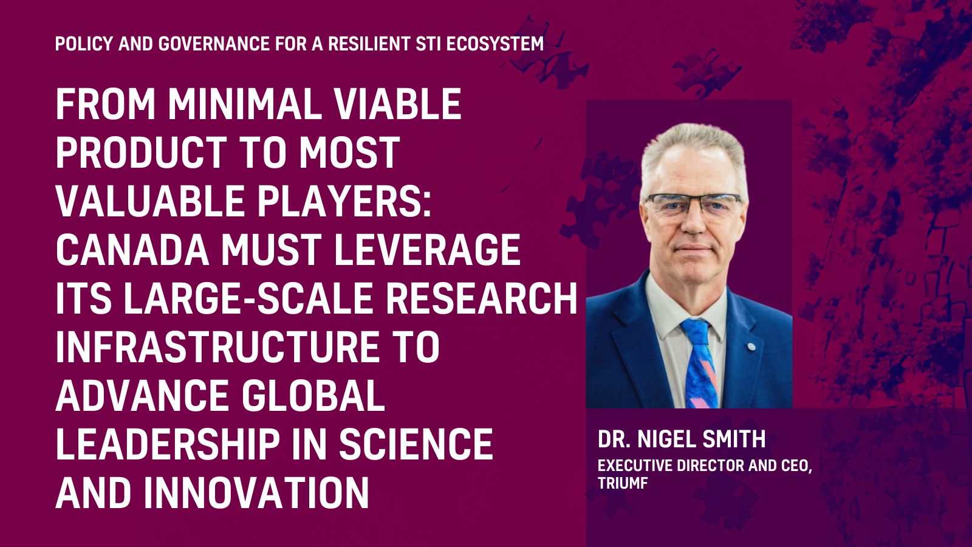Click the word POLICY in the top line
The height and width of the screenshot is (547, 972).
click(83, 44)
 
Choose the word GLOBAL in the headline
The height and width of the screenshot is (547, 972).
click(313, 396)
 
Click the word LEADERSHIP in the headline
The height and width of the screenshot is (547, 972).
click(168, 444)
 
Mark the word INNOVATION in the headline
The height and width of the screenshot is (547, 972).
click(256, 493)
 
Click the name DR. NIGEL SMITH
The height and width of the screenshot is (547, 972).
click(682, 439)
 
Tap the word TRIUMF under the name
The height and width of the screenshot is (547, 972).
click(623, 483)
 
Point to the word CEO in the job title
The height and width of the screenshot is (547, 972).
click(795, 466)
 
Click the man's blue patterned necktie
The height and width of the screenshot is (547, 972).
click(699, 364)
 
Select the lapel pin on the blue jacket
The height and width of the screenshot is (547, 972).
click(750, 347)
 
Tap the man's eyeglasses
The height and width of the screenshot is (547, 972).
click(693, 205)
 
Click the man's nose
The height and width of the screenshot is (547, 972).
click(693, 221)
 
